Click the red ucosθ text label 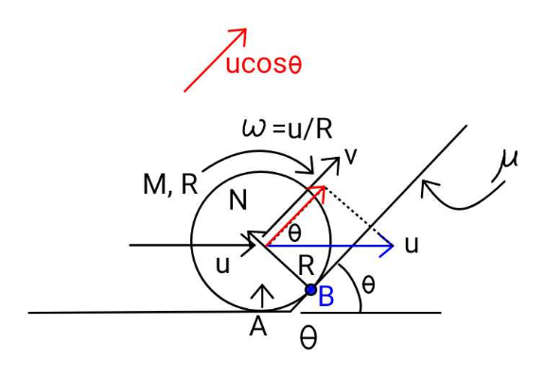coord(264,64)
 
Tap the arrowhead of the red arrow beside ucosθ coord(242,33)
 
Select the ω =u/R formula coord(287,129)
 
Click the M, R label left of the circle coord(170,184)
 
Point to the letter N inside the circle coord(238,200)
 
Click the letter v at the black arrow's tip coord(350,157)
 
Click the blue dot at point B coord(310,289)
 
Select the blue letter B coord(326,297)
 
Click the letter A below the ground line coord(258,327)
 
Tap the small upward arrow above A coord(262,296)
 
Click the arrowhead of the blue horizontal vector coord(389,246)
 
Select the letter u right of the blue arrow coord(412,246)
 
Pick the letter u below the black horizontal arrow coord(222,266)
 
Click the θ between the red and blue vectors coord(294,232)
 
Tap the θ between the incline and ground coord(368,285)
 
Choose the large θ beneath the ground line coord(308,337)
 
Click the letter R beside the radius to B coord(307,266)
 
